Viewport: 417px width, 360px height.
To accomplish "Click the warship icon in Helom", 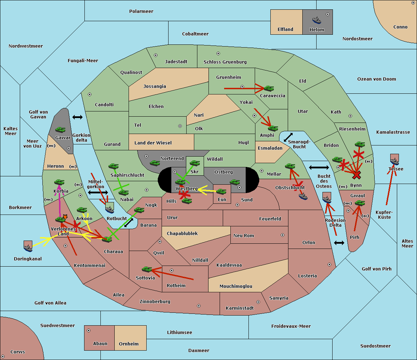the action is tap(317, 20).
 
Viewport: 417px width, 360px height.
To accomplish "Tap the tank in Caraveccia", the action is tap(269, 88).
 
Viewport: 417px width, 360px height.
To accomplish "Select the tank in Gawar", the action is tap(60, 129).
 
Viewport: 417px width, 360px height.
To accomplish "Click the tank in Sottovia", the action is tap(147, 269).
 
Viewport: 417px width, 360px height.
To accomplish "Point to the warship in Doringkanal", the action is tap(28, 246).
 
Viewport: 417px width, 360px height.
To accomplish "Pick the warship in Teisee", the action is tap(394, 160).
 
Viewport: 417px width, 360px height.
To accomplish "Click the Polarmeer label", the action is tap(141, 11).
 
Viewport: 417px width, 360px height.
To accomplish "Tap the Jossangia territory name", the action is tap(155, 86).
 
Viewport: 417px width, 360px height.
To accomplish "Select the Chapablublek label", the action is tap(182, 233).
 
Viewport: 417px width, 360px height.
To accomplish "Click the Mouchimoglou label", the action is tap(236, 286).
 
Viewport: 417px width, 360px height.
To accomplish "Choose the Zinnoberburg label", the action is tap(155, 302).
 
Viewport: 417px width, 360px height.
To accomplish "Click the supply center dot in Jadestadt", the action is tap(156, 55).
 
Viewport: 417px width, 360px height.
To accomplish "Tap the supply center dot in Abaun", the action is tap(89, 330).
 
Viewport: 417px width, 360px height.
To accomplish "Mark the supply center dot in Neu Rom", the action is tap(283, 235).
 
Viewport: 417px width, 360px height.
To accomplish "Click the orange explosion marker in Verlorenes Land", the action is tap(65, 217).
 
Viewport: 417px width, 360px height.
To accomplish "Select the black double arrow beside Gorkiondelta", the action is tap(77, 117).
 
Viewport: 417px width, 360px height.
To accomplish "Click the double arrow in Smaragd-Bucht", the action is tap(288, 137).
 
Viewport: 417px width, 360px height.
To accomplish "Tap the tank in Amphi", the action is tap(273, 128).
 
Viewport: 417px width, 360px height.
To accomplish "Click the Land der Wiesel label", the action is tap(153, 143).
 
